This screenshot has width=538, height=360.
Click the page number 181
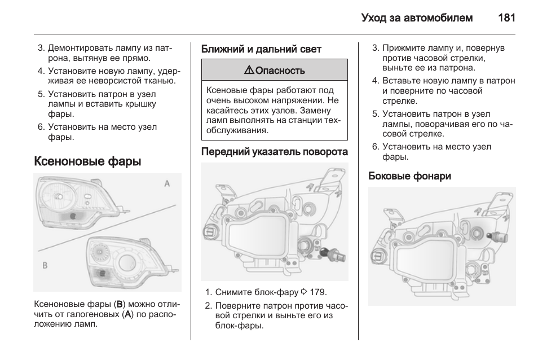(x=507, y=17)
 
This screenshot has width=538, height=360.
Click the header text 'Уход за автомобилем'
(x=417, y=17)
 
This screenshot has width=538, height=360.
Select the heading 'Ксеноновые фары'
(x=87, y=161)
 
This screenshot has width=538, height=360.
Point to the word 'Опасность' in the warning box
(x=280, y=71)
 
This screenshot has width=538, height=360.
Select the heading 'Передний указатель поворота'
(x=274, y=152)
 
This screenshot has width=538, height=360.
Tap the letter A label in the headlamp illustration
(x=167, y=183)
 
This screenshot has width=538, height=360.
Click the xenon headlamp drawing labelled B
(x=124, y=260)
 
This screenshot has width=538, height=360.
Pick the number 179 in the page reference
(x=319, y=292)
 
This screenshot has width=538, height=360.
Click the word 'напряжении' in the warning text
(x=302, y=100)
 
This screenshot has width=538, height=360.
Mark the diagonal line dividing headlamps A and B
(x=107, y=228)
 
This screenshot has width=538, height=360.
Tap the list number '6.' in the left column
(x=41, y=127)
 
